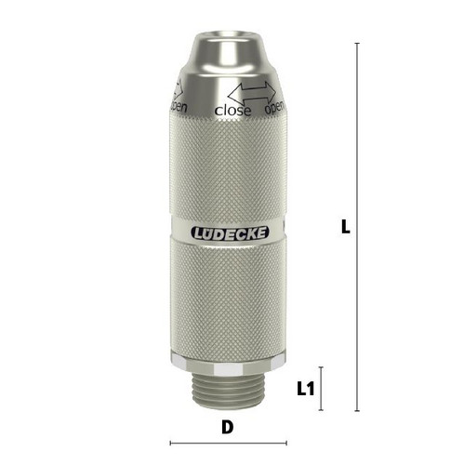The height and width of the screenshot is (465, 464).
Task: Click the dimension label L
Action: coord(345,227)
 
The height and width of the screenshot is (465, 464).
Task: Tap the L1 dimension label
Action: coord(306,389)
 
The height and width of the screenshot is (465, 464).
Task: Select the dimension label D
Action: coord(228,427)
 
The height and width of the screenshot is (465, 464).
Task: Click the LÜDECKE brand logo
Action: coord(230,233)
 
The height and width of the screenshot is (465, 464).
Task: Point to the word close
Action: coord(232,110)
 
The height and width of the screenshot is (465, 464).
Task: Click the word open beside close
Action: coord(274,107)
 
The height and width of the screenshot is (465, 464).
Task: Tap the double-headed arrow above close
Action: coord(252,93)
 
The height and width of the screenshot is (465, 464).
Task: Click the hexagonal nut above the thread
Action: coord(227,362)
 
